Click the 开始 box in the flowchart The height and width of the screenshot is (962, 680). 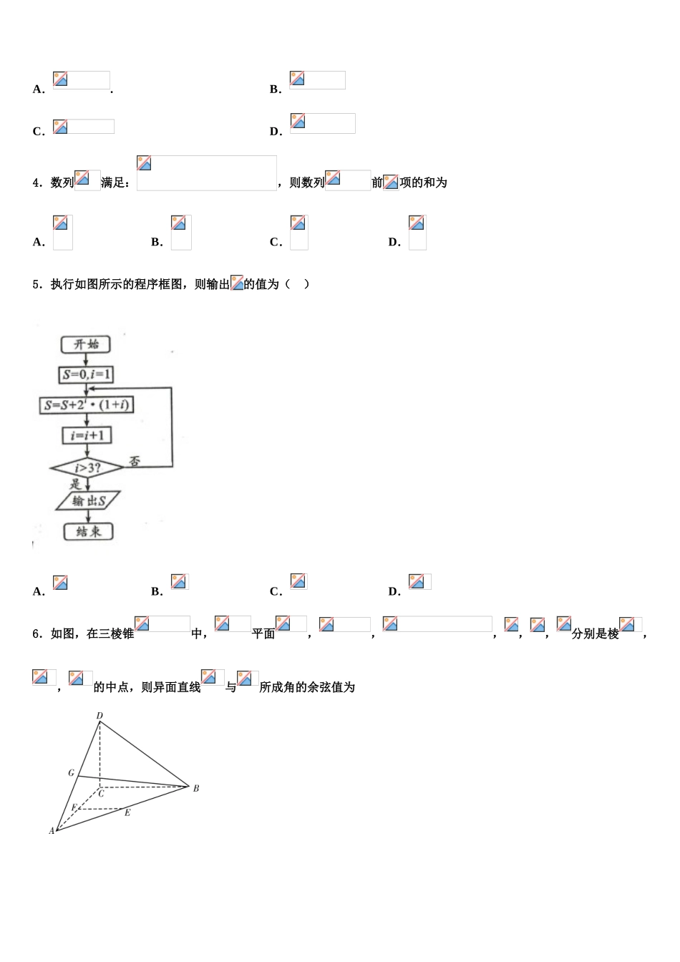[x=86, y=344]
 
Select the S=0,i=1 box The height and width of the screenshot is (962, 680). [x=87, y=374]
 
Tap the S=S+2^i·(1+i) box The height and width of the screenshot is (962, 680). [x=87, y=405]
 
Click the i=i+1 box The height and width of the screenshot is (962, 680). [x=87, y=435]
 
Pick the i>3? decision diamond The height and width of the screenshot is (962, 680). [x=87, y=469]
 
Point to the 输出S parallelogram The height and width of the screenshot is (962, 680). [x=88, y=500]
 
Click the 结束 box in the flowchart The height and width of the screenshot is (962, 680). [x=88, y=531]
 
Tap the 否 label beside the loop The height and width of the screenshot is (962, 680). [x=134, y=461]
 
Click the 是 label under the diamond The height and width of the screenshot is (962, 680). [x=76, y=485]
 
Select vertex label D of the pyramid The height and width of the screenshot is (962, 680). [x=99, y=715]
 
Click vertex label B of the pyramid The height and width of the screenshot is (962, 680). [x=196, y=788]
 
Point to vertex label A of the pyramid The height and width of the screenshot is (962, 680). [x=51, y=831]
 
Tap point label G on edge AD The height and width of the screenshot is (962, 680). [x=71, y=773]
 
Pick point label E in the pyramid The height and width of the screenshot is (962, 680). [x=127, y=813]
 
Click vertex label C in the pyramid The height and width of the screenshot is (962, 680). [x=101, y=793]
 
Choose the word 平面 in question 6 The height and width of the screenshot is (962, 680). [x=263, y=633]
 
